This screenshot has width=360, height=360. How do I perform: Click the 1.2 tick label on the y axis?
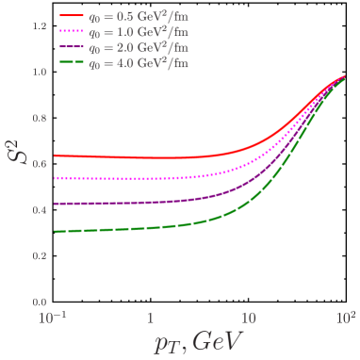[x=39, y=26]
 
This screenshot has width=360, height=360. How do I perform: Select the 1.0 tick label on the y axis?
[x=39, y=73]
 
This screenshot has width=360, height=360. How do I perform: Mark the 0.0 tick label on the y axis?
[x=39, y=302]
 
